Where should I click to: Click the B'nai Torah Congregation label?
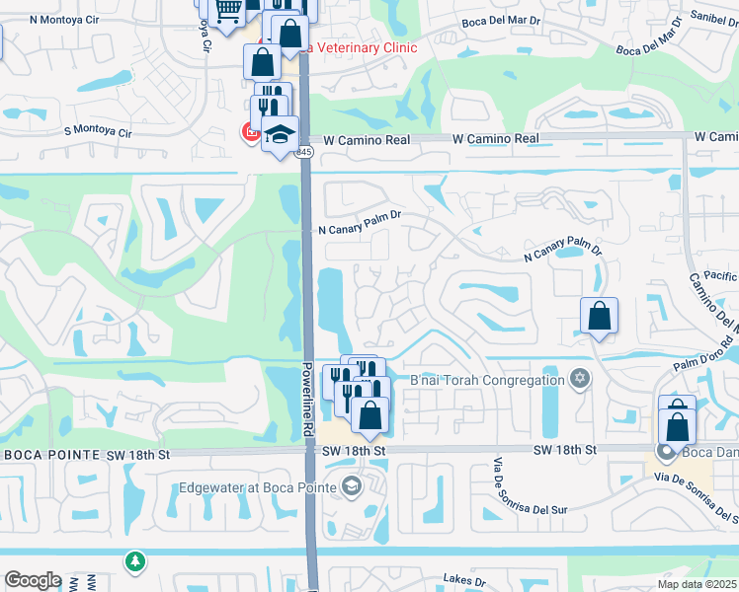(x=487, y=380)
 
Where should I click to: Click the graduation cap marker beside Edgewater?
(x=351, y=486)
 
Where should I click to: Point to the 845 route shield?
(x=304, y=152)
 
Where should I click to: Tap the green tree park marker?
(x=134, y=560)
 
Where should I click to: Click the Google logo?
(x=32, y=580)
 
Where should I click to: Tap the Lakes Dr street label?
(x=468, y=579)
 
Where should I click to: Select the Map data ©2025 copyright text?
(x=697, y=584)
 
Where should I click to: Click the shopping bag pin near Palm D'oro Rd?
(x=599, y=318)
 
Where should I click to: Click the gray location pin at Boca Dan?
(x=665, y=453)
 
